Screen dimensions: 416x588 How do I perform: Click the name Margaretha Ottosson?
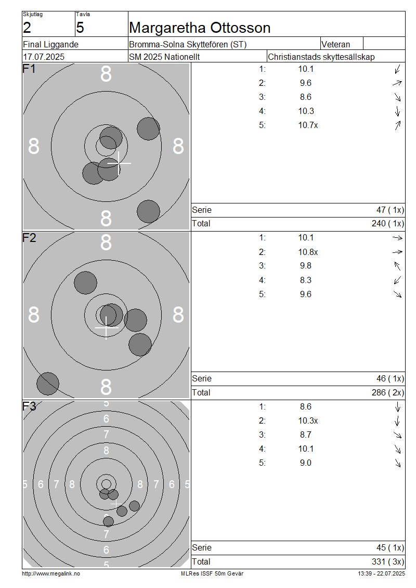[x=199, y=28]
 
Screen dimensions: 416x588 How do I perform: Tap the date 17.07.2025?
[x=44, y=57]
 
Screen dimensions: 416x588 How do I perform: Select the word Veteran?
[x=336, y=44]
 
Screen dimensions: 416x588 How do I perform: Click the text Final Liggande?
[x=50, y=45]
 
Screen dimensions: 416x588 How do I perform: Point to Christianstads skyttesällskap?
[x=321, y=57]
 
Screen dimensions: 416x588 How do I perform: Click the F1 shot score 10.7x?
[x=308, y=125]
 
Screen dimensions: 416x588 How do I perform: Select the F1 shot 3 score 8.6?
[x=305, y=97]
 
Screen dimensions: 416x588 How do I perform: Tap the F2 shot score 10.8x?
[x=308, y=252]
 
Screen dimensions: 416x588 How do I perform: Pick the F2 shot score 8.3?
[x=305, y=280]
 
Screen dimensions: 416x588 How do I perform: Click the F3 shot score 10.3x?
[x=308, y=421]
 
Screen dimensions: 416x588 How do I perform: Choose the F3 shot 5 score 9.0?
[x=305, y=463]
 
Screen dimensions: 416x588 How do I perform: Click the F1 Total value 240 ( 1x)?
[x=388, y=224]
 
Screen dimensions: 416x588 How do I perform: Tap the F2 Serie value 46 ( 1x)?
[x=390, y=379]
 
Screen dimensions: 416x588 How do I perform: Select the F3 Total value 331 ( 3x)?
[x=388, y=562]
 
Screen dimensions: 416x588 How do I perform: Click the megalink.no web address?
[x=50, y=574]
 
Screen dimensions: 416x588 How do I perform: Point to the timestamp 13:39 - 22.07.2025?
[x=381, y=574]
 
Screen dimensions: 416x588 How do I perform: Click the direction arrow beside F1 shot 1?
[x=398, y=69]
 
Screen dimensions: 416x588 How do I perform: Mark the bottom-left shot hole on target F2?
[x=48, y=384]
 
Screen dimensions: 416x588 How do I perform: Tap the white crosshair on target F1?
[x=119, y=163]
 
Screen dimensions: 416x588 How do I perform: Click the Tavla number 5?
[x=80, y=28]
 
